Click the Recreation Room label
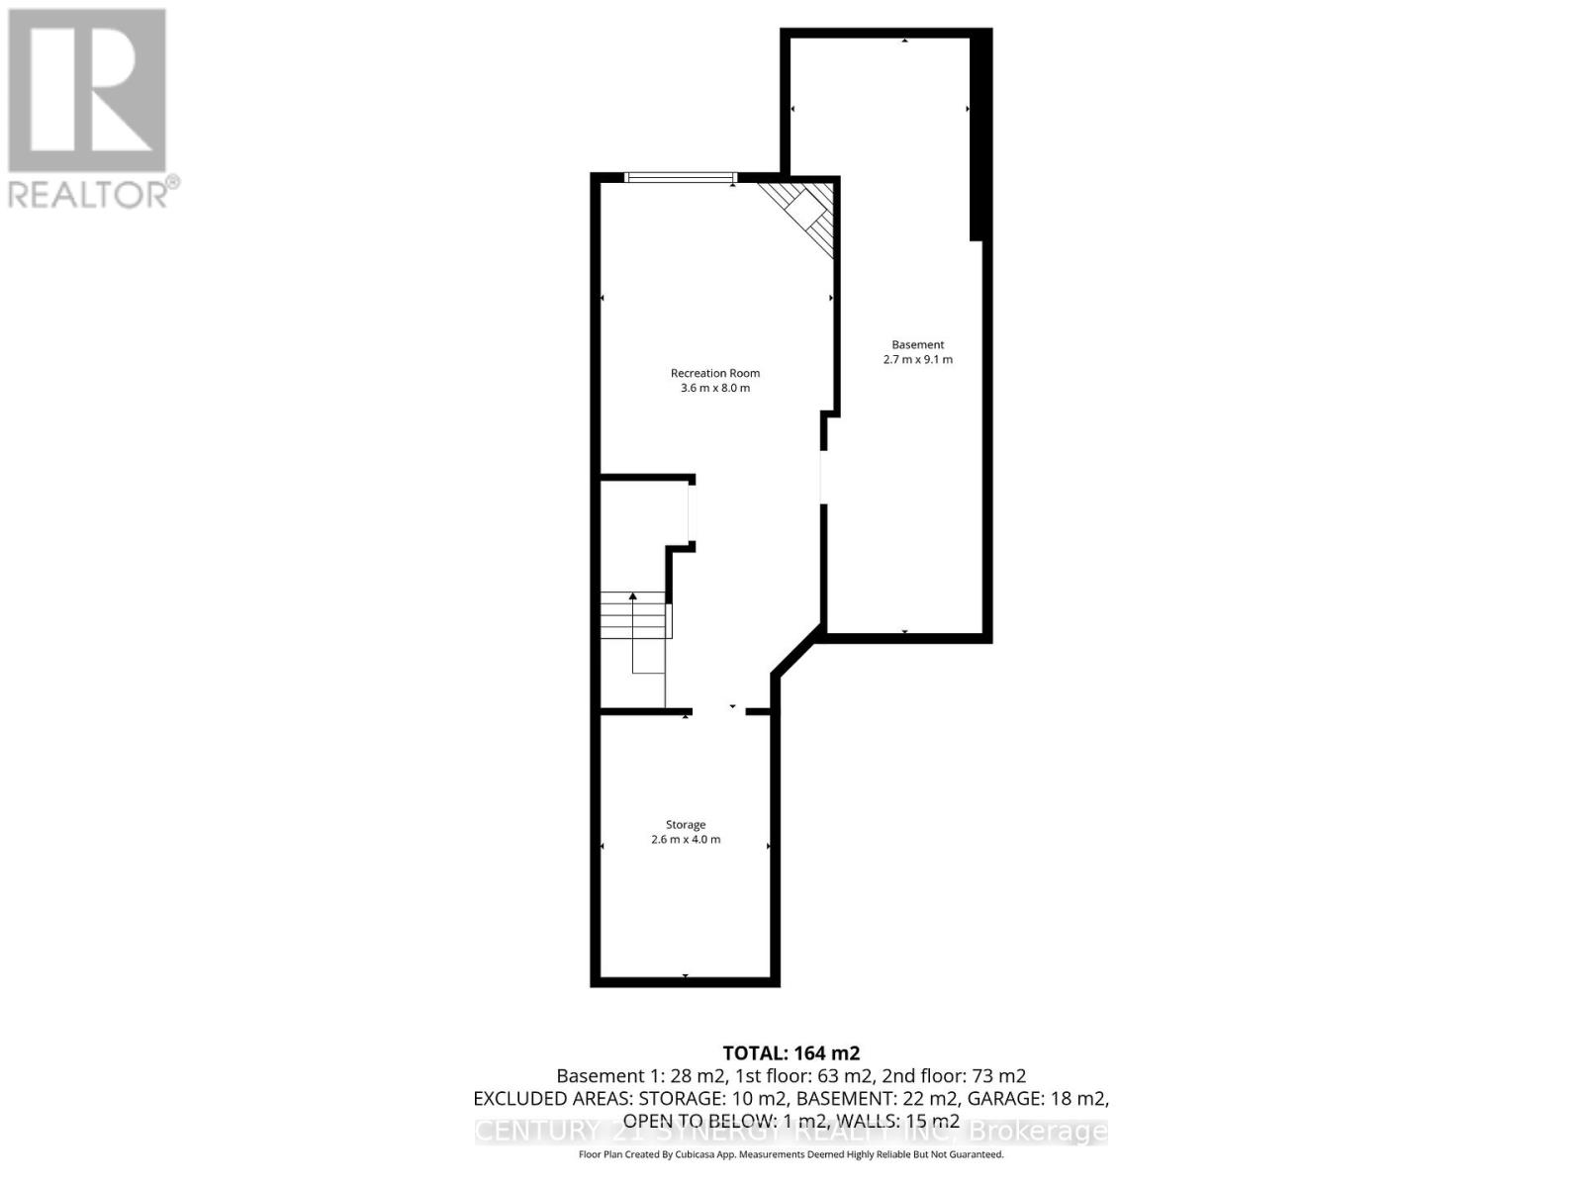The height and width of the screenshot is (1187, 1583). (714, 373)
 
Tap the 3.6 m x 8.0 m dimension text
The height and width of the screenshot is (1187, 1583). (714, 388)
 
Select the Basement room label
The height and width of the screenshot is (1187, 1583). (917, 344)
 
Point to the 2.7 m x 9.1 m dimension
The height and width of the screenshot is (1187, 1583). (917, 359)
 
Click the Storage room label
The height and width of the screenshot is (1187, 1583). (685, 824)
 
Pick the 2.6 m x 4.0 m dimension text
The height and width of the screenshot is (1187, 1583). (685, 839)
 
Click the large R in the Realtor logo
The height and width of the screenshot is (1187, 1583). (87, 91)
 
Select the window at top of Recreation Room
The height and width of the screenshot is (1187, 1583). (681, 178)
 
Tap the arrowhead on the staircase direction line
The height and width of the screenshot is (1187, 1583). (633, 595)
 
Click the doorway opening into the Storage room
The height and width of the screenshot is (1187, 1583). (719, 711)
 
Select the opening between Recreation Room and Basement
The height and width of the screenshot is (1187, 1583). (823, 478)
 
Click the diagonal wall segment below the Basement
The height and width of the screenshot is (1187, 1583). (797, 652)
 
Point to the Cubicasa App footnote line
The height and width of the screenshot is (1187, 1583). (791, 1154)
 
